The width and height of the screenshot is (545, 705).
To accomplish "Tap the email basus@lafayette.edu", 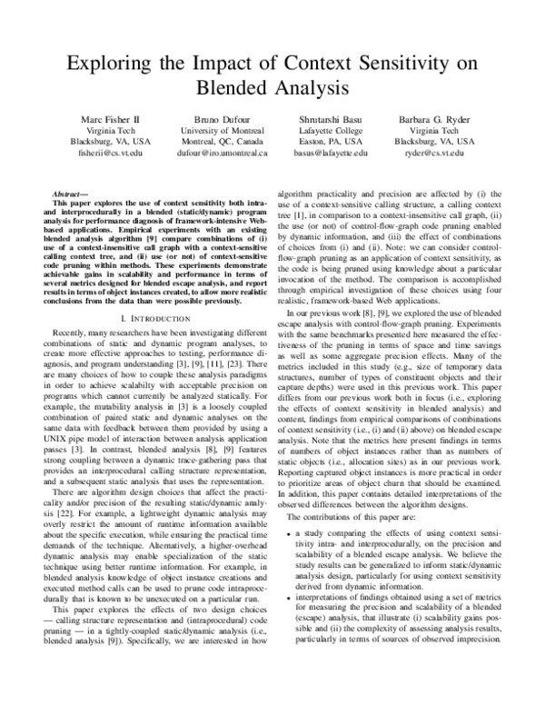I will (331, 154).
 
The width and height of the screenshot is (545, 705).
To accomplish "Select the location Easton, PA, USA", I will (331, 143).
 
